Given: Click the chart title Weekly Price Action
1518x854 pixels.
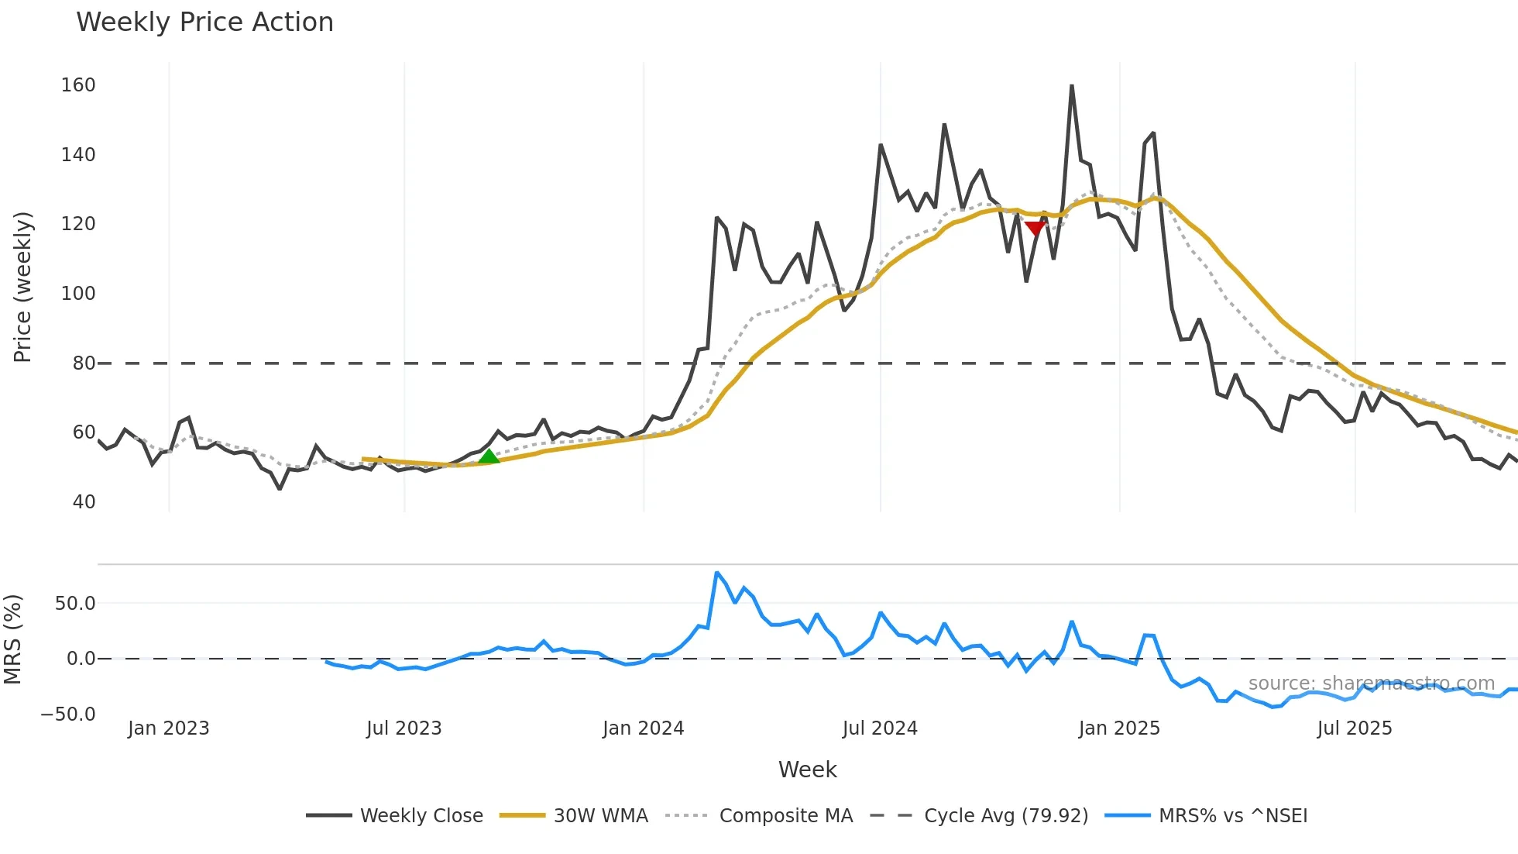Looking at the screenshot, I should [x=204, y=22].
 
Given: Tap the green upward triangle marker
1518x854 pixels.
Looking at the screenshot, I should [x=489, y=456].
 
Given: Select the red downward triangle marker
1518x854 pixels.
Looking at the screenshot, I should [x=1035, y=228].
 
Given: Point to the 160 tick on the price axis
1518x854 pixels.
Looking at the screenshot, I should [x=78, y=85].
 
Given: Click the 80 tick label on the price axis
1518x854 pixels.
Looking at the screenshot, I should [x=84, y=363].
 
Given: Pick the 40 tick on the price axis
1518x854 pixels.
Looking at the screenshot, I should [x=84, y=502].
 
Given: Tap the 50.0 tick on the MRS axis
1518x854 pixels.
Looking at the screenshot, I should [x=75, y=604].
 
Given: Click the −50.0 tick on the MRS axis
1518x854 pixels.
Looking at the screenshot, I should [x=68, y=715].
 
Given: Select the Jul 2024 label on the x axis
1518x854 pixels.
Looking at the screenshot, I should [x=880, y=728].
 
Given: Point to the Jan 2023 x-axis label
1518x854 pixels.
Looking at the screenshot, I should [x=169, y=728].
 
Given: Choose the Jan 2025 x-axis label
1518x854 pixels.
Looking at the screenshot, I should [x=1119, y=728].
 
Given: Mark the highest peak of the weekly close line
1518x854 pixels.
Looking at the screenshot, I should [x=1072, y=86].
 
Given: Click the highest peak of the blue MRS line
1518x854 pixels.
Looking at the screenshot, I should [x=717, y=573].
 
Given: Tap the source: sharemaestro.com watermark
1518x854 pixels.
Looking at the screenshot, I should [x=1372, y=684].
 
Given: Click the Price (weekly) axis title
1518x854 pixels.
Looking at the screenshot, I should [x=22, y=287].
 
